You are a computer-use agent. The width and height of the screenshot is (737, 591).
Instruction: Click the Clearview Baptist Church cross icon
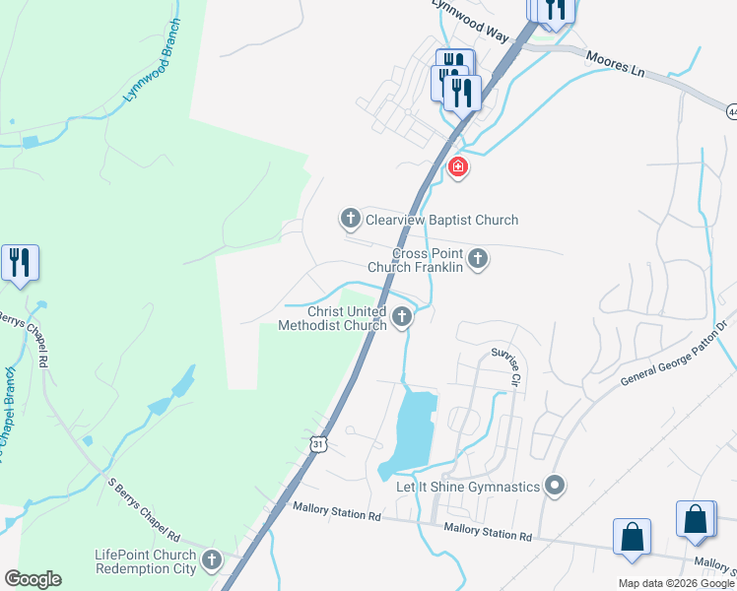[x=350, y=218]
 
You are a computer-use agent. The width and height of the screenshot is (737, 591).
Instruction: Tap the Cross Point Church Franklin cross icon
[x=478, y=259]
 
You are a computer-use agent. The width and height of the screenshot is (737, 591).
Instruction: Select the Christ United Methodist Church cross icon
[x=401, y=317]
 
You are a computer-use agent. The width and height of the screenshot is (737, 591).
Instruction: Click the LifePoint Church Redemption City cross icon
[x=211, y=562]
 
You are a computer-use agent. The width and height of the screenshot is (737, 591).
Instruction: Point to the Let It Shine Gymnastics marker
[x=555, y=486]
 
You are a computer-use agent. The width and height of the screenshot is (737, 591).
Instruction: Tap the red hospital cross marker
[x=457, y=167]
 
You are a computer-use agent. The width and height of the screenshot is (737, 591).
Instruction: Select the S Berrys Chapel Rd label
[x=144, y=509]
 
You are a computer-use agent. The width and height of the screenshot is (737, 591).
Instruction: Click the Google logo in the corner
[x=33, y=579]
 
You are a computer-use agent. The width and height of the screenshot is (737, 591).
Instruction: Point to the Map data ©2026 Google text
[x=676, y=583]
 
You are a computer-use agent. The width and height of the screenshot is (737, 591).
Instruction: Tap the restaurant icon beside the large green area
[x=20, y=263]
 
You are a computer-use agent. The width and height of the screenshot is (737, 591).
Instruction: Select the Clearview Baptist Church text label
[x=441, y=220]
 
